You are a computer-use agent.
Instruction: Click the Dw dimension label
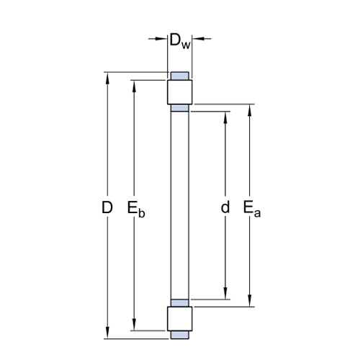(180, 41)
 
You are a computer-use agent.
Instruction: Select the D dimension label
(107, 207)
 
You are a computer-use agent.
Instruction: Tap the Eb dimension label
(136, 210)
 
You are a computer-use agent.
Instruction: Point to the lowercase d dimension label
(225, 207)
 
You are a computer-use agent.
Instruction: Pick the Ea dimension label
(252, 209)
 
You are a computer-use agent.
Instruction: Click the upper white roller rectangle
(180, 92)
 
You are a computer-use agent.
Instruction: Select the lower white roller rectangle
(180, 319)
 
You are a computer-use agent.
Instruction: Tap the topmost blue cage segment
(180, 76)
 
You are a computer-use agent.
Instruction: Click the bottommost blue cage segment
(180, 335)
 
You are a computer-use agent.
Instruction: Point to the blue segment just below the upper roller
(180, 108)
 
